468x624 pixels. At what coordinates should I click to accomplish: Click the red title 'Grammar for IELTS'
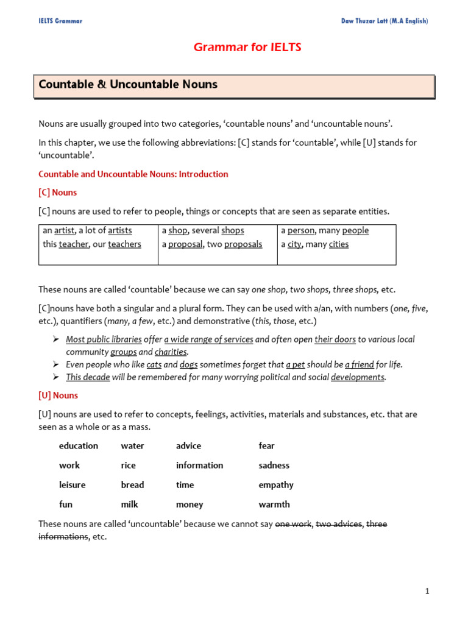tap(247, 47)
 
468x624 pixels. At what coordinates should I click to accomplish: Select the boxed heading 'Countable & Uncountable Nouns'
tap(128, 85)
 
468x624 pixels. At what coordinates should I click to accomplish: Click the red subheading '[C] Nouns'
tap(58, 193)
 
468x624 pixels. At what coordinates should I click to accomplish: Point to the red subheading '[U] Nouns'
tap(58, 395)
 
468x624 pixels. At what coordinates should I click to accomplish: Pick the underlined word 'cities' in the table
tap(339, 244)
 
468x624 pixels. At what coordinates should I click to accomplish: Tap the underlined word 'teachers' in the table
tap(124, 244)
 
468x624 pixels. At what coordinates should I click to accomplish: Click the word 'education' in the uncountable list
tap(79, 446)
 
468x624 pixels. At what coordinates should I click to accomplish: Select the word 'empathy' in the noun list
tap(276, 485)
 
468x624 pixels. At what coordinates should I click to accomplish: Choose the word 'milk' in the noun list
tap(129, 505)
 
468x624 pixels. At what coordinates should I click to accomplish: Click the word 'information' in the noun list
tap(200, 466)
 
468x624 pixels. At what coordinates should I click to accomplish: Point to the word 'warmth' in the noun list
tap(274, 505)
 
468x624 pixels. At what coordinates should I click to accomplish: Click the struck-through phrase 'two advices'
tap(338, 524)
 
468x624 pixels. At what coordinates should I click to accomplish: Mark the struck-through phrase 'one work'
tap(293, 524)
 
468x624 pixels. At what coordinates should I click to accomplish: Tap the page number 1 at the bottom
tap(428, 591)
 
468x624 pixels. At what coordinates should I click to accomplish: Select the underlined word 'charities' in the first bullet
tap(171, 352)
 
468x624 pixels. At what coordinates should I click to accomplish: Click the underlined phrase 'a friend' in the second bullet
tap(360, 365)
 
